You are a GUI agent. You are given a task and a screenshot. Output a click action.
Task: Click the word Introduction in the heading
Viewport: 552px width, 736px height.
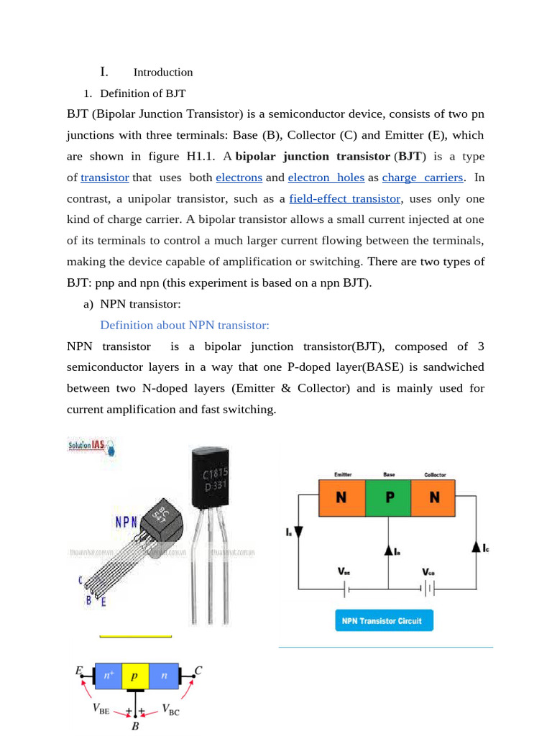tap(163, 73)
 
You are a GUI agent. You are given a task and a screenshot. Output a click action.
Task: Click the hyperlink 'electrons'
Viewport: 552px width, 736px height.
tap(239, 178)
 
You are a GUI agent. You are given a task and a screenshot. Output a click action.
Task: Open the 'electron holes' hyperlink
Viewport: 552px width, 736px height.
tap(326, 178)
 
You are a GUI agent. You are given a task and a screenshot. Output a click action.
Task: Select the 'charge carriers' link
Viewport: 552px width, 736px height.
tap(423, 178)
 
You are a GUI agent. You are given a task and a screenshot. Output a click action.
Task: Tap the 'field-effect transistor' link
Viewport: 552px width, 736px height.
tap(344, 198)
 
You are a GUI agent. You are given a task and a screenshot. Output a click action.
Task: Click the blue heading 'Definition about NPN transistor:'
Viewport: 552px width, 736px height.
tap(185, 326)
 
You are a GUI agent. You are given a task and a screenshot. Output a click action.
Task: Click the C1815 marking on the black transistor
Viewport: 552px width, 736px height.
tap(216, 474)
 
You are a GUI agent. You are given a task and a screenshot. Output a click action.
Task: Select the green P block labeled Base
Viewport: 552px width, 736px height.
tap(388, 497)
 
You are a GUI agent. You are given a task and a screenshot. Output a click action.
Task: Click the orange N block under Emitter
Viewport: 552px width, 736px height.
tap(341, 497)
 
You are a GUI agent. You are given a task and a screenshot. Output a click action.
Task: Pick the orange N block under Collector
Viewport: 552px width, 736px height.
tap(433, 497)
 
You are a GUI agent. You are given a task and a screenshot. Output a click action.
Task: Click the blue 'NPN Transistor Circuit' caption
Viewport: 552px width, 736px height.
tap(384, 620)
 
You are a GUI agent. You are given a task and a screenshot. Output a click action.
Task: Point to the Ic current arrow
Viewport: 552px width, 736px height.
tap(477, 548)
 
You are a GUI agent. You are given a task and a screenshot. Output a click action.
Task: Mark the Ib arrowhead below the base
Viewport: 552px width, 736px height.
tap(388, 550)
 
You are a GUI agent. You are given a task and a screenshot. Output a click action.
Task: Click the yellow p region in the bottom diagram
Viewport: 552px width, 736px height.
tap(134, 676)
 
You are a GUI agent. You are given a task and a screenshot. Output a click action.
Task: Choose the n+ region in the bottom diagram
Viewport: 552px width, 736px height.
tap(109, 676)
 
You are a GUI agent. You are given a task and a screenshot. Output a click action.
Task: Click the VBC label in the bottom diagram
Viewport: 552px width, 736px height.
tap(170, 711)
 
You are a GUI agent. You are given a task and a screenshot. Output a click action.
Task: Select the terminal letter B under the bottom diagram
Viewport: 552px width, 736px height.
tap(135, 727)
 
